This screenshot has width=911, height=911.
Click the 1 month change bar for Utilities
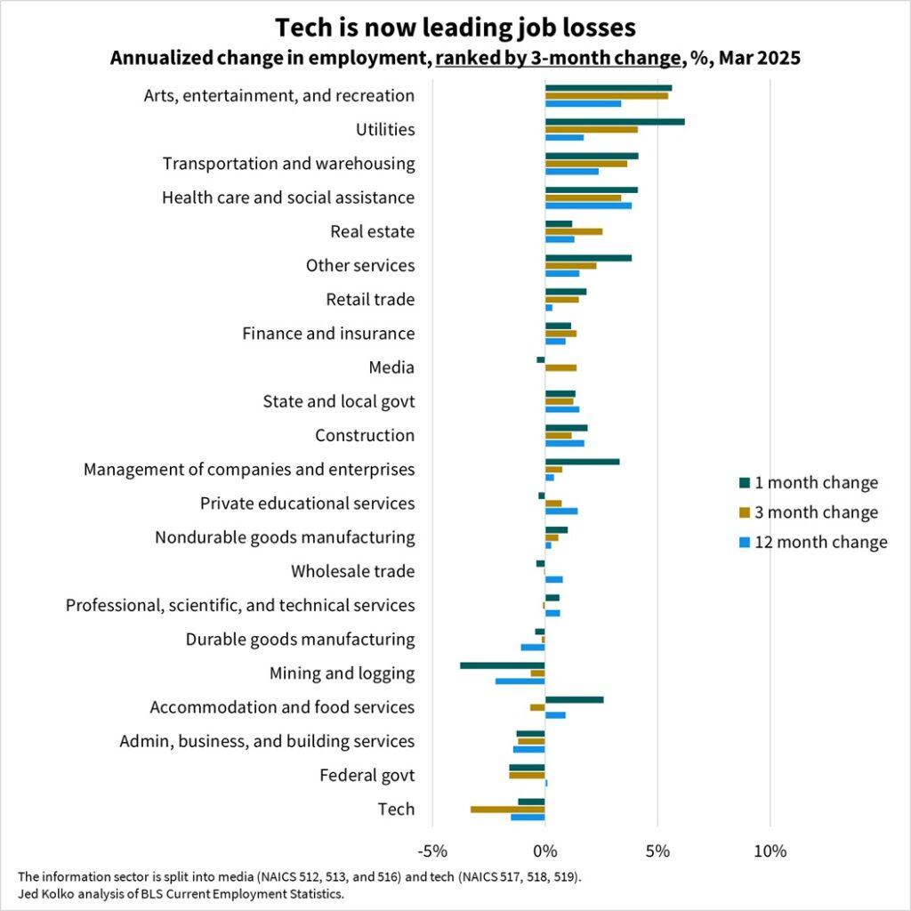pyautogui.click(x=614, y=121)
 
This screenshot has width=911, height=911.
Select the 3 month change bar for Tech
pyautogui.click(x=507, y=809)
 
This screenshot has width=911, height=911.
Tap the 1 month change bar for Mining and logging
pyautogui.click(x=502, y=665)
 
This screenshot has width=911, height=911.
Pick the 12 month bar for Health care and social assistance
pyautogui.click(x=588, y=206)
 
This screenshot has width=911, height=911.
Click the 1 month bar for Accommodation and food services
pyautogui.click(x=574, y=699)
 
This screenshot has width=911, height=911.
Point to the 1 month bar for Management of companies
pyautogui.click(x=582, y=462)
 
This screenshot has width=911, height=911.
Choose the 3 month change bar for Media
pyautogui.click(x=560, y=367)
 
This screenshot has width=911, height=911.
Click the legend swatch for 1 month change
pyautogui.click(x=744, y=483)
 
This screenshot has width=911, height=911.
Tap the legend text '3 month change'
pyautogui.click(x=816, y=512)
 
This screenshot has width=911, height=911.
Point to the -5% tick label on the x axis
pyautogui.click(x=432, y=851)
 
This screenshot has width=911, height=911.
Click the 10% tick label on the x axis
pyautogui.click(x=770, y=851)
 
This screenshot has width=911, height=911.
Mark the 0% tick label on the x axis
pyautogui.click(x=544, y=851)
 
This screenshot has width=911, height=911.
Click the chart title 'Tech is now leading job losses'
pyautogui.click(x=455, y=28)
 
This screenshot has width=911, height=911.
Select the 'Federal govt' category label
pyautogui.click(x=367, y=776)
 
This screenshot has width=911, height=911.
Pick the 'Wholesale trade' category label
pyautogui.click(x=352, y=571)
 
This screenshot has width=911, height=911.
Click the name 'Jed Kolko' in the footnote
pyautogui.click(x=45, y=893)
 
